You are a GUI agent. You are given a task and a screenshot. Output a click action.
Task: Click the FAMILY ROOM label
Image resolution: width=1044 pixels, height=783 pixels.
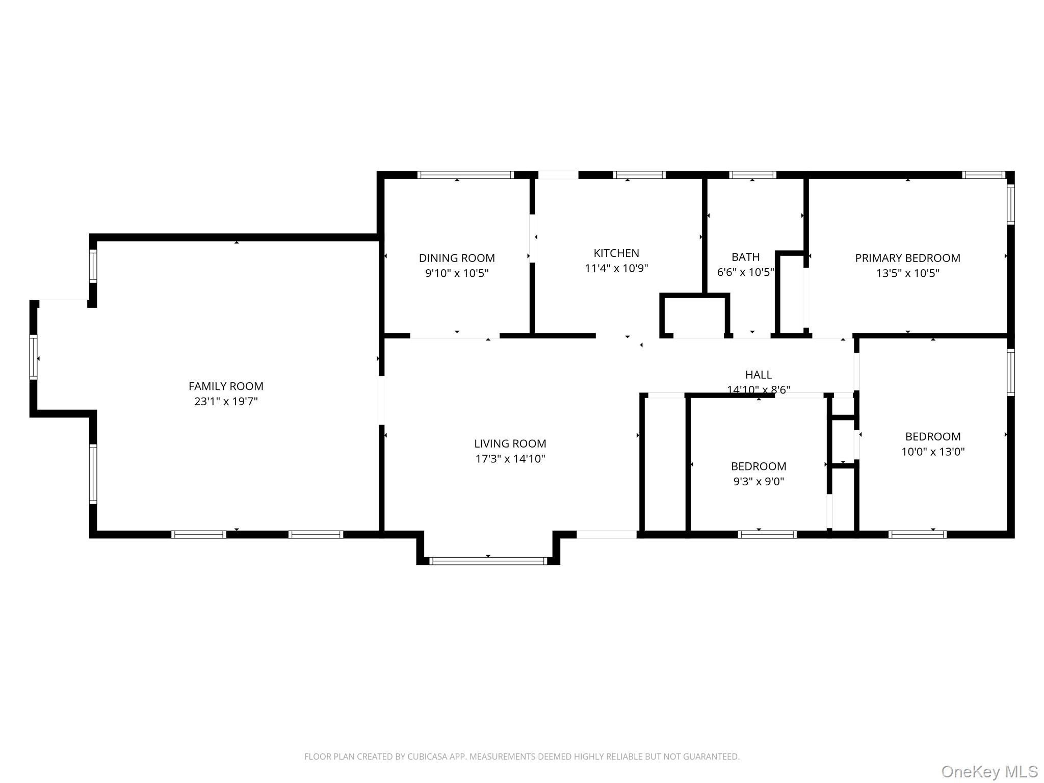226,386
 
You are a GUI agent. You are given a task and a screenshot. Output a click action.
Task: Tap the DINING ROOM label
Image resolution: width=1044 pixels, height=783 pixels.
457,258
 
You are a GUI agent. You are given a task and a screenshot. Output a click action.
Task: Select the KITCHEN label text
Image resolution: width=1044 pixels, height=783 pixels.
616,253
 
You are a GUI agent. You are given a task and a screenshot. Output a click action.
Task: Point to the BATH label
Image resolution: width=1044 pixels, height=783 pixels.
746,257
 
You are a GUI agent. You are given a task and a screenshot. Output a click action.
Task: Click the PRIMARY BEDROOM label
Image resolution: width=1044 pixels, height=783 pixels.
908,258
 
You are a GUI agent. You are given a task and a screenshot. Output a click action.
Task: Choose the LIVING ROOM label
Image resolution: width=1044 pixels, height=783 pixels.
510,443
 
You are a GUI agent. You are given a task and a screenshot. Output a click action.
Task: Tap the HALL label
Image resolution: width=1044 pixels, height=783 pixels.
759,375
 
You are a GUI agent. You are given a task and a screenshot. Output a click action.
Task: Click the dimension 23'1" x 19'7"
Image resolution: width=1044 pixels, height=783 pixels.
226,401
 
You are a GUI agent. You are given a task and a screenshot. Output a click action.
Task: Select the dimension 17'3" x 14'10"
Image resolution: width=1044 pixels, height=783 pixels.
510,459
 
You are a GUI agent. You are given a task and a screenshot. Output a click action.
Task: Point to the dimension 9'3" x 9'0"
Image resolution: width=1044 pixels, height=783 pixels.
759,481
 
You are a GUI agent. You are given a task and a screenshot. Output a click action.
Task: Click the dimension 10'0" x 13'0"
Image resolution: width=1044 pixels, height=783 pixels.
933,452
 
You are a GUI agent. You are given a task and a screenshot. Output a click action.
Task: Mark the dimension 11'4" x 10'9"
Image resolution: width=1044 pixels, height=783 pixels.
616,268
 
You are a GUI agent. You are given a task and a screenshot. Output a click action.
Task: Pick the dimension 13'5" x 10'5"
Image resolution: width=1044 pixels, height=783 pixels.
908,273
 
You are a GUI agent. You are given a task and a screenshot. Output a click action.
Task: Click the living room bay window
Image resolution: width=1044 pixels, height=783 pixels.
488,561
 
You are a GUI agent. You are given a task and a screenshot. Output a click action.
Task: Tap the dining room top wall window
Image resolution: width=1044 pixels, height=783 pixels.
465,175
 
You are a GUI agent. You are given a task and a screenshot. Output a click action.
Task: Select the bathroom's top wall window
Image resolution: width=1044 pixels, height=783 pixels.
752,175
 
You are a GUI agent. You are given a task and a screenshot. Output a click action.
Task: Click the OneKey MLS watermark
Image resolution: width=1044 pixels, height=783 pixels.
989,771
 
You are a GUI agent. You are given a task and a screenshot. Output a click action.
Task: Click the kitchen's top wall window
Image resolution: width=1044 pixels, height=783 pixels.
639,175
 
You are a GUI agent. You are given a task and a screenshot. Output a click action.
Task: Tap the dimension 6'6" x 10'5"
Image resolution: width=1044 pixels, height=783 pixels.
746,272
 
